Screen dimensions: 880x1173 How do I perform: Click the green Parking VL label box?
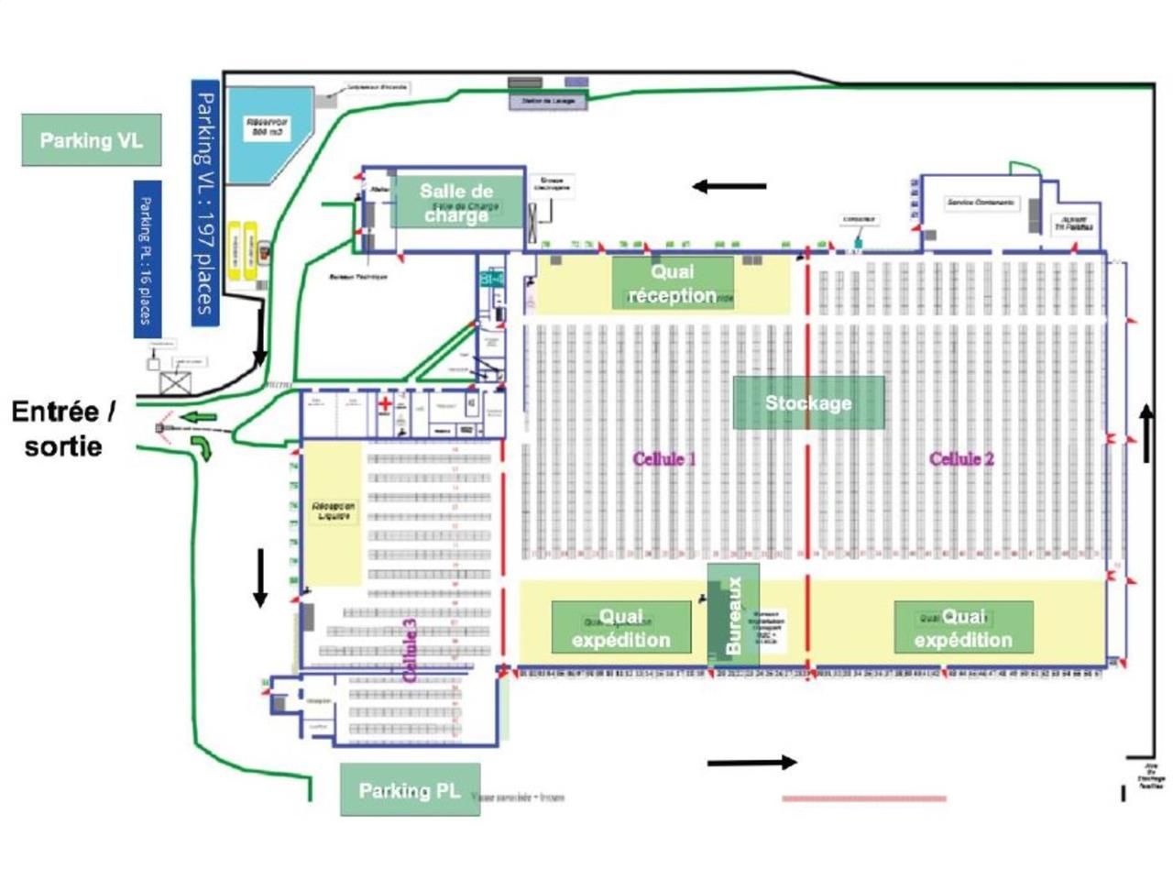(x=92, y=140)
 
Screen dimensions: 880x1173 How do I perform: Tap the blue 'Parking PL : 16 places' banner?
(x=147, y=258)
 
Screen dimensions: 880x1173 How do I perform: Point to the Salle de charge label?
(x=456, y=203)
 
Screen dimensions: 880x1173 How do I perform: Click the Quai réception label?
(x=673, y=283)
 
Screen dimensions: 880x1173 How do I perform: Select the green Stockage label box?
(x=808, y=402)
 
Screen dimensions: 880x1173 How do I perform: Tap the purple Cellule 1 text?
(x=664, y=458)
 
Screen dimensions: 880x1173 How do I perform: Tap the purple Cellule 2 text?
(x=961, y=458)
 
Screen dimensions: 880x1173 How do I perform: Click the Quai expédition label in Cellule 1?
(x=621, y=628)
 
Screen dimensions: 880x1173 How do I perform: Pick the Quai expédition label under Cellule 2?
(x=963, y=628)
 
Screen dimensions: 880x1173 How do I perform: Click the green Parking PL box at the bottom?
(x=410, y=790)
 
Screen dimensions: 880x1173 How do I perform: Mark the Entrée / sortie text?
(x=64, y=429)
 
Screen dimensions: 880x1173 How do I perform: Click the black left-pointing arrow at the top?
(x=729, y=186)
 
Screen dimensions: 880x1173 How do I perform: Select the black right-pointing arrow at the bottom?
(x=751, y=762)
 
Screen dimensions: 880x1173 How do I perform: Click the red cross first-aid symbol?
(x=387, y=403)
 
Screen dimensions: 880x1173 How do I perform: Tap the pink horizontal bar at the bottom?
(x=863, y=798)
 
